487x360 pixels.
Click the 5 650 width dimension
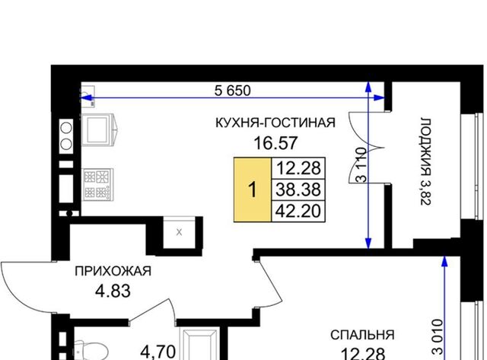[x=232, y=91]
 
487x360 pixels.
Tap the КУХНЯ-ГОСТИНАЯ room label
[x=275, y=123]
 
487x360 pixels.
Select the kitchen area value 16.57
[x=275, y=143]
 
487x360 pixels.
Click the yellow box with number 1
[x=253, y=190]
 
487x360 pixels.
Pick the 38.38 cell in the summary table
[x=298, y=190]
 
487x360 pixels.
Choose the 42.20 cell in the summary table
[x=298, y=211]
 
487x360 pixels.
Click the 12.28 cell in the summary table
[x=298, y=168]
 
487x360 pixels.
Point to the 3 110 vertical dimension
[x=361, y=164]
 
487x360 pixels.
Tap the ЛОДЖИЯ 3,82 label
[x=425, y=161]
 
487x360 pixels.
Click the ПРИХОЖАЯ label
[x=113, y=271]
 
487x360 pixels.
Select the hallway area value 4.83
[x=113, y=292]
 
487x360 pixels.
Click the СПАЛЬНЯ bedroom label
[x=362, y=335]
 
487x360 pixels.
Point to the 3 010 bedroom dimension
[x=438, y=337]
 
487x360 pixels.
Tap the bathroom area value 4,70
[x=158, y=352]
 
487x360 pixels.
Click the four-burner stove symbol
[x=98, y=184]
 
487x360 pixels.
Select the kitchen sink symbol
[x=99, y=129]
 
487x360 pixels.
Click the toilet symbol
[x=90, y=350]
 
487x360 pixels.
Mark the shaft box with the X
[x=180, y=232]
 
